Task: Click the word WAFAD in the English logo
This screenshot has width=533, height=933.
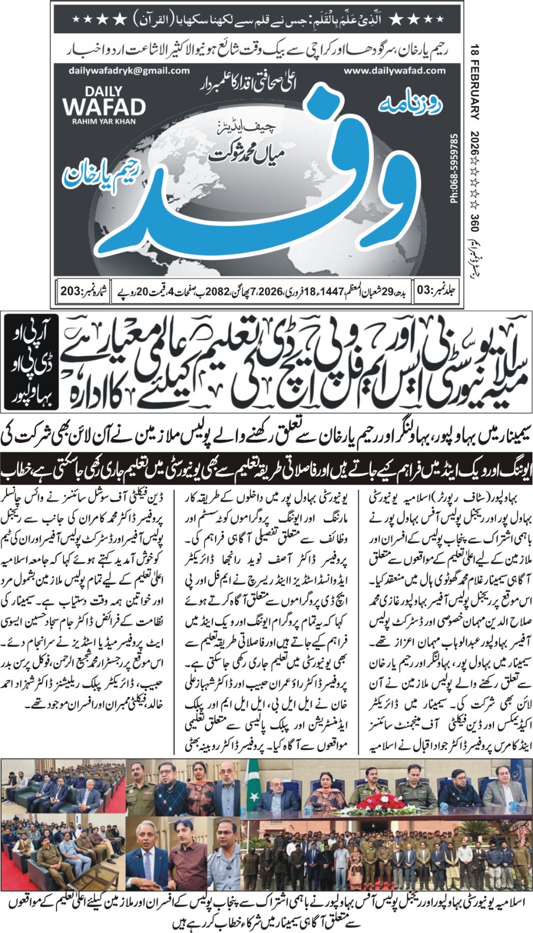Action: pos(104,107)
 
